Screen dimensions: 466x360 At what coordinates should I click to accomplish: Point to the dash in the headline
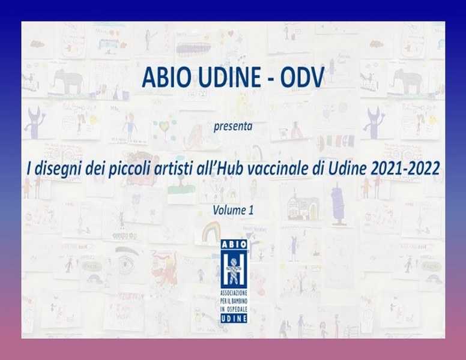[x=270, y=79]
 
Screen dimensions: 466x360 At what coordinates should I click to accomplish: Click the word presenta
[x=233, y=127]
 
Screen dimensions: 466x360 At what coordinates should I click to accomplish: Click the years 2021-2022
[x=405, y=169]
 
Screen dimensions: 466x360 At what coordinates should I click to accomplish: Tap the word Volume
[x=229, y=210]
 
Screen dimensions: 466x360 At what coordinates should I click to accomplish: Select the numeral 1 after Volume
[x=251, y=210]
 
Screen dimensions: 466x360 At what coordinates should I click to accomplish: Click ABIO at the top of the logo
[x=234, y=244]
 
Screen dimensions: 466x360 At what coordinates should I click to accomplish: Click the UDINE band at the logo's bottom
[x=234, y=319]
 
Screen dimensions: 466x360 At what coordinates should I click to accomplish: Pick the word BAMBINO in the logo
[x=239, y=301]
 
